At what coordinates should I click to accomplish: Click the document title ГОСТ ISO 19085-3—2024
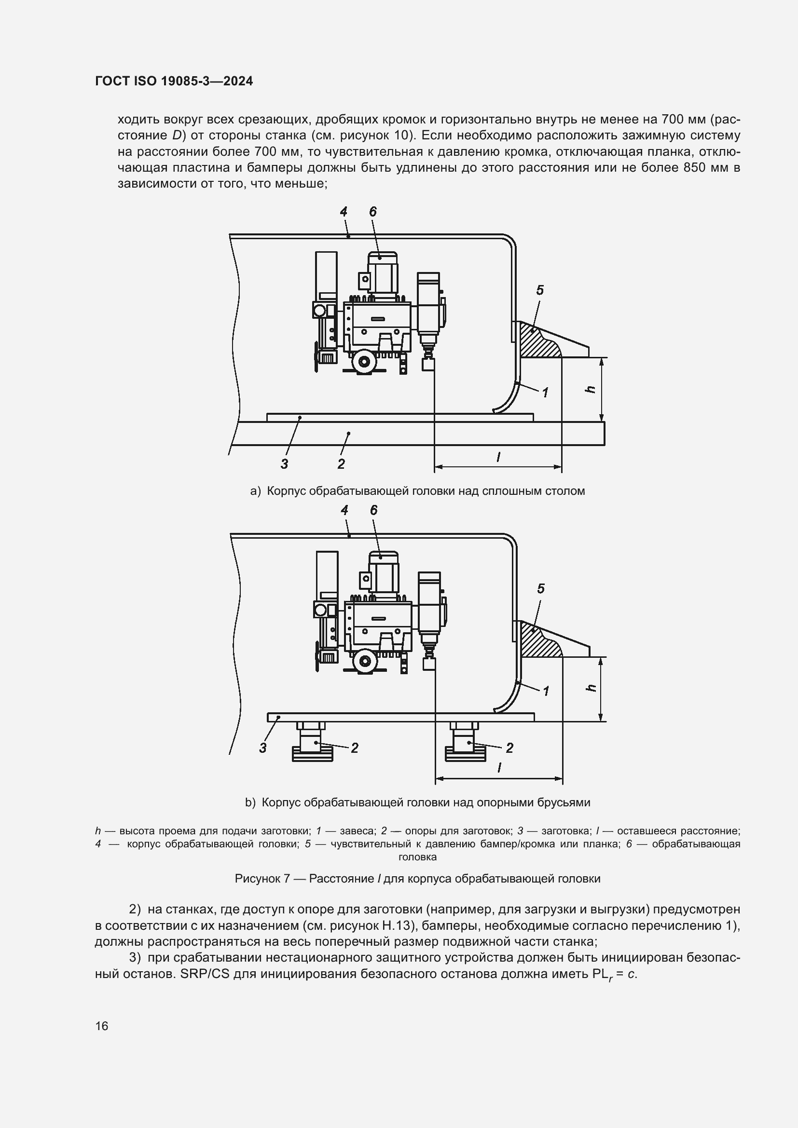174,82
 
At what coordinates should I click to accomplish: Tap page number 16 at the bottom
102,1026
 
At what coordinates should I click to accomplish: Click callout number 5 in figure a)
540,290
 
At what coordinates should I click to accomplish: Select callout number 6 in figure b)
374,510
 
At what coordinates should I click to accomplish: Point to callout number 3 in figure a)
284,463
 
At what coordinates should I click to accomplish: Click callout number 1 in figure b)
546,691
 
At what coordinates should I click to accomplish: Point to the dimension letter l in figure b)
499,767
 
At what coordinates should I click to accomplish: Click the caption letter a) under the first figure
256,491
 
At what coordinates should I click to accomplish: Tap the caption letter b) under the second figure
250,802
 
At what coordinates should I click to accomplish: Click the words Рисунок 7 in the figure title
262,878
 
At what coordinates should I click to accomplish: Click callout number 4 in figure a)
344,212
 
